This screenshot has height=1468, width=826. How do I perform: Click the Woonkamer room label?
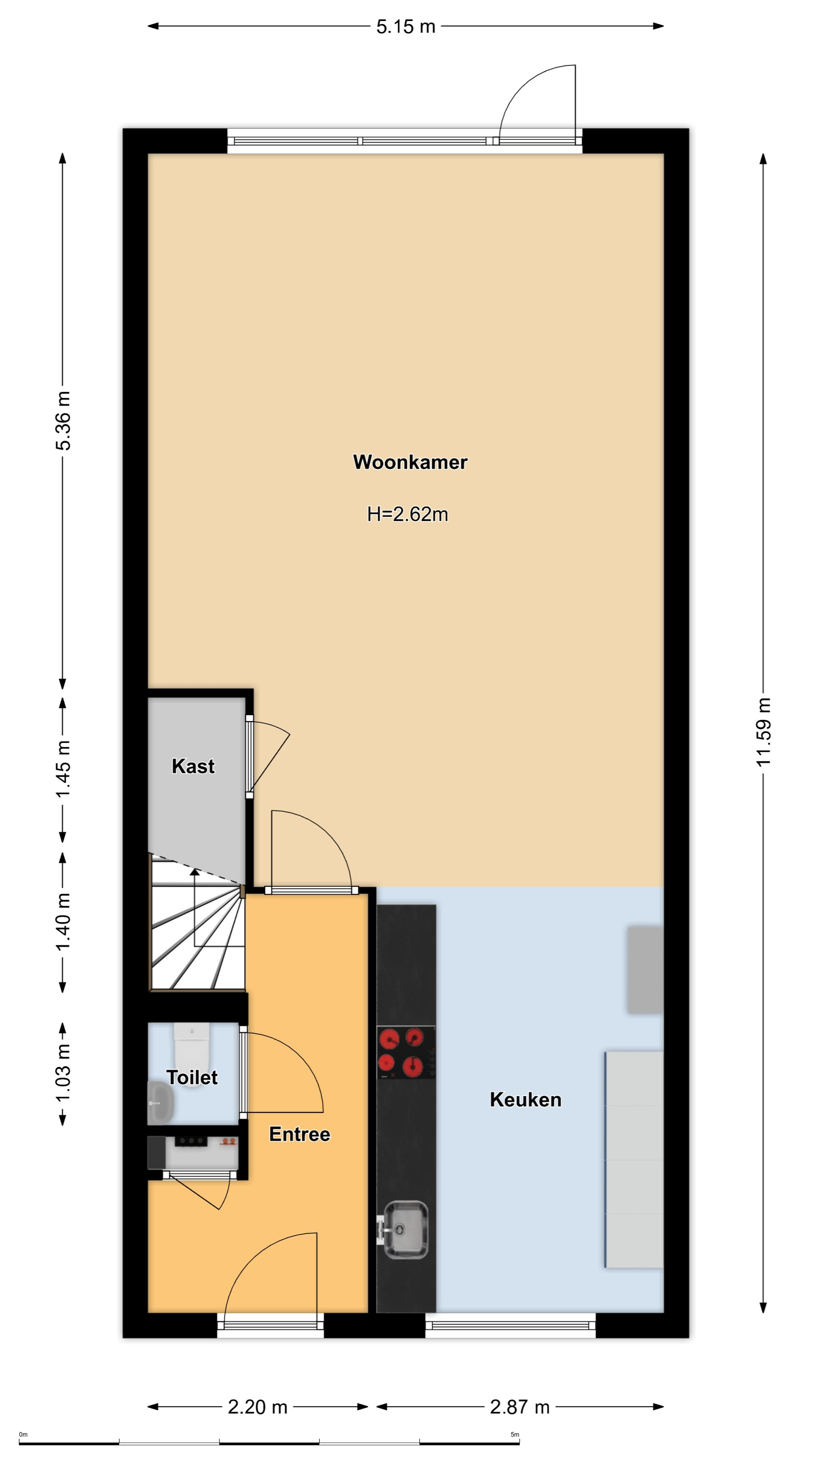(410, 462)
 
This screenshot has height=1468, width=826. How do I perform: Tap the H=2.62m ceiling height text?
(408, 515)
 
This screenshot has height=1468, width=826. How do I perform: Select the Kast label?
(193, 766)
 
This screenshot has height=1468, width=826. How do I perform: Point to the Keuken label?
(525, 1099)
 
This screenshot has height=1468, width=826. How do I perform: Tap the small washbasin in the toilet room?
(161, 1102)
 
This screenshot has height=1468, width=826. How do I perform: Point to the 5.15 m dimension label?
(406, 26)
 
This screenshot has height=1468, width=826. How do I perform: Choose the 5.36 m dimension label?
(63, 421)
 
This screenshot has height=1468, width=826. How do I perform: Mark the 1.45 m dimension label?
(63, 769)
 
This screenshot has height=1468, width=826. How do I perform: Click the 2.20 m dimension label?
(258, 1407)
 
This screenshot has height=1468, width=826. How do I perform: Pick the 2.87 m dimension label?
(520, 1407)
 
